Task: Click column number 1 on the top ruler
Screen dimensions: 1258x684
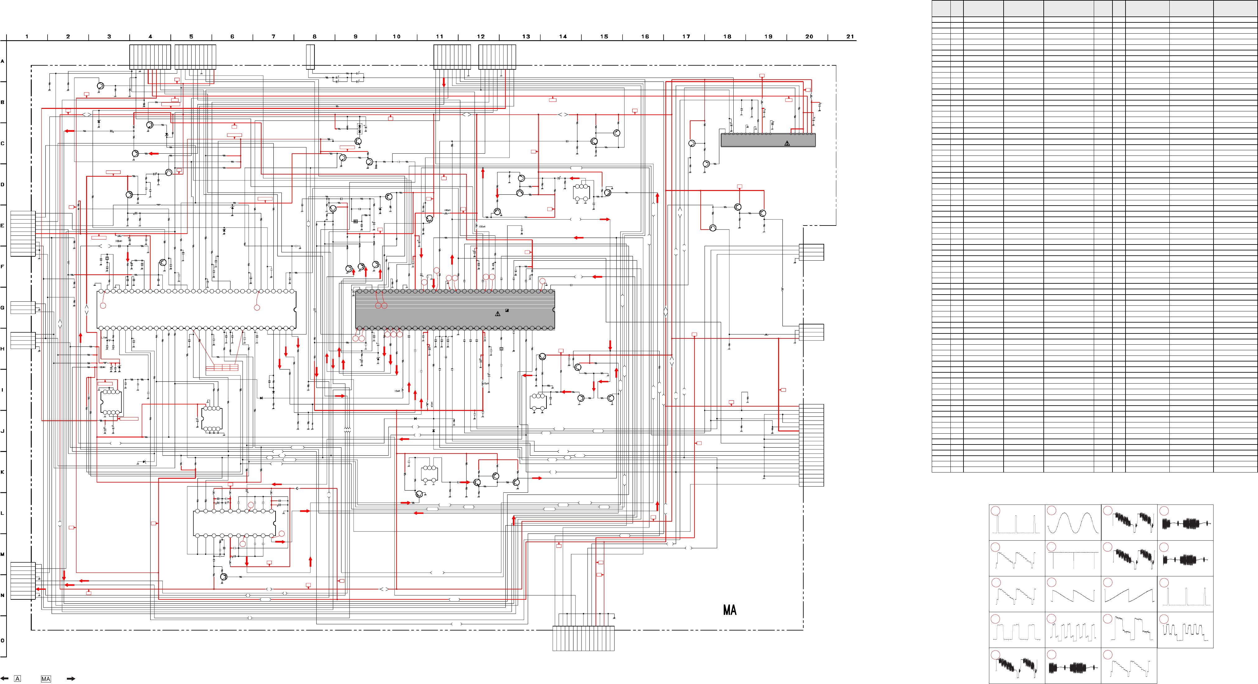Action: point(27,37)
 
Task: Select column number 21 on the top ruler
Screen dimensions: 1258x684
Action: point(850,37)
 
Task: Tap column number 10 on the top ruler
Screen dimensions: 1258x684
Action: point(397,37)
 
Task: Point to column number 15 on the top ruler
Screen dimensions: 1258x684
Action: point(604,37)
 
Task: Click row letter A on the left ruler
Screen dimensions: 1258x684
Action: point(2,62)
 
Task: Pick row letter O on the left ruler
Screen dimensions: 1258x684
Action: point(2,640)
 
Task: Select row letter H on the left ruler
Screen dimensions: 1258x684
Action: point(2,349)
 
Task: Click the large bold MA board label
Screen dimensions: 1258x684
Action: point(730,610)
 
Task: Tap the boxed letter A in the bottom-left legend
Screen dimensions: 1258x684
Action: point(18,679)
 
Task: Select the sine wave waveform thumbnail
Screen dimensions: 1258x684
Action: point(1073,523)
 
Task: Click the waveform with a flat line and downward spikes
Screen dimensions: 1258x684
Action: point(1073,558)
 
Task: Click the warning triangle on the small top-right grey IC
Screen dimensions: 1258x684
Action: point(787,143)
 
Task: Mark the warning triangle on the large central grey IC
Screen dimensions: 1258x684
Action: point(498,314)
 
